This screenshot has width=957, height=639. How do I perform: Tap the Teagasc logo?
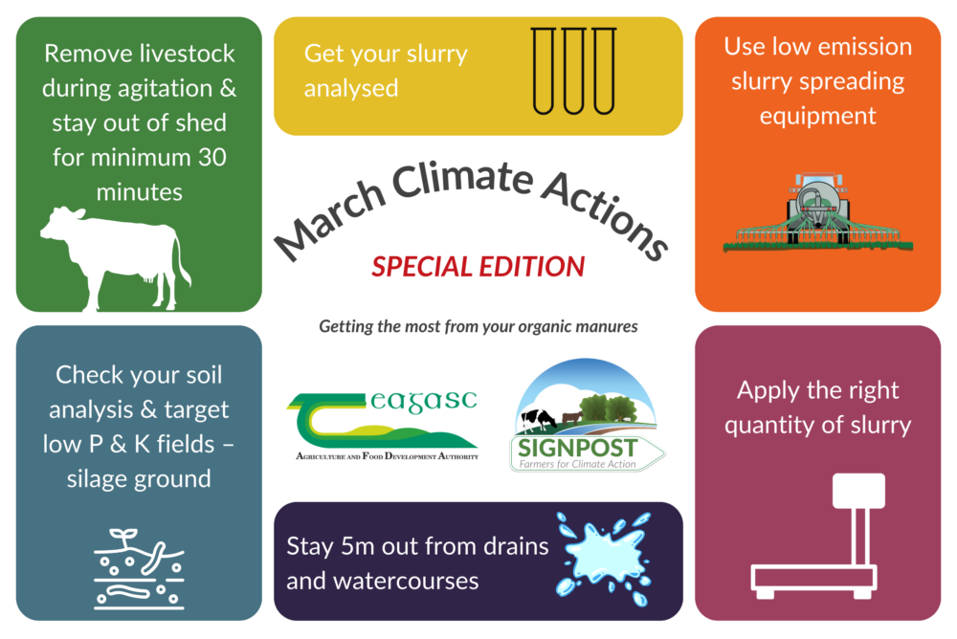[x=383, y=426]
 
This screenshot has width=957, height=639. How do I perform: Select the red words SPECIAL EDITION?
[x=478, y=266]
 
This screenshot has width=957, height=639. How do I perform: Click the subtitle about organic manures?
[x=478, y=327]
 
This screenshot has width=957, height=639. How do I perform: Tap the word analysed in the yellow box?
[x=350, y=89]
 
